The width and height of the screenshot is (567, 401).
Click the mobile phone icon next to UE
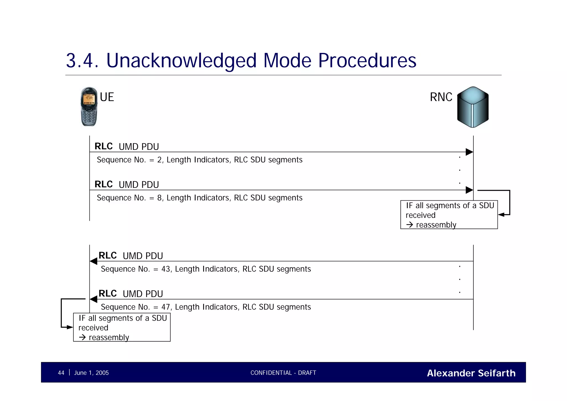tap(89, 107)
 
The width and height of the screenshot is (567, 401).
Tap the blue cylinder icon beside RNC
tap(473, 107)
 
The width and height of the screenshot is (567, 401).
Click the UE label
tap(107, 97)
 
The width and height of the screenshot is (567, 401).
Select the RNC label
tap(441, 97)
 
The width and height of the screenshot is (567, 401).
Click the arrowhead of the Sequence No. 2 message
tap(469, 152)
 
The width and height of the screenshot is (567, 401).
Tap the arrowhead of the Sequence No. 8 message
tap(469, 190)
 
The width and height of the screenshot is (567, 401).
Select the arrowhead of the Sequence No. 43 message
tap(94, 261)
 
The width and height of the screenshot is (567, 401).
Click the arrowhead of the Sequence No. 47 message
tap(94, 299)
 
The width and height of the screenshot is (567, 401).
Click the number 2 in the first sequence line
tap(159, 160)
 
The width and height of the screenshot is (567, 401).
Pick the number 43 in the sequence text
tap(166, 269)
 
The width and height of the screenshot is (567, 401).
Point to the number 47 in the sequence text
tap(166, 307)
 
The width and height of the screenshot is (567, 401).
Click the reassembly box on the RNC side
tap(449, 215)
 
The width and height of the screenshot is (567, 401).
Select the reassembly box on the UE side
tap(122, 327)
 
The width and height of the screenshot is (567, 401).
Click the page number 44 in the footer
tap(61, 373)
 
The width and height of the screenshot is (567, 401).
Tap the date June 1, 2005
tap(91, 373)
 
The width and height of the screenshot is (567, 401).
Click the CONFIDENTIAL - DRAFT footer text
tap(283, 373)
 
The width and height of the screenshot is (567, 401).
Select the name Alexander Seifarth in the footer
tap(471, 373)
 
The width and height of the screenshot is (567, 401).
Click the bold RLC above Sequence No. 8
tap(104, 184)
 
